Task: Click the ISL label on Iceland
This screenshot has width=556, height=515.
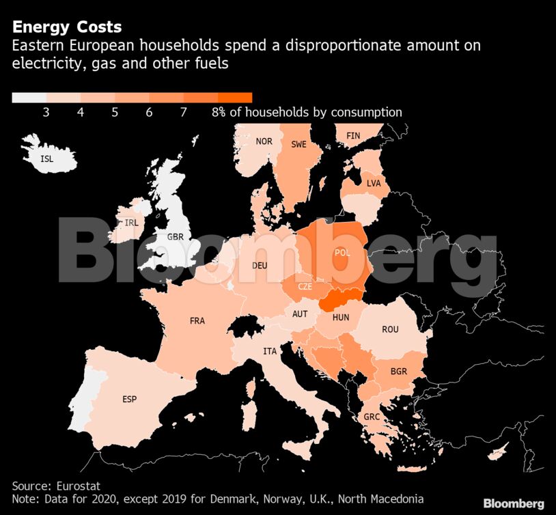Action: tap(46, 158)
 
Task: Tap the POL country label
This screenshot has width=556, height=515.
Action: tap(342, 253)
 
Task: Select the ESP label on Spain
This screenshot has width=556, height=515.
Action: tap(129, 399)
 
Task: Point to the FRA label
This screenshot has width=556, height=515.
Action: tap(197, 320)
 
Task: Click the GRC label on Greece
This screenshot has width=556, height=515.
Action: tap(372, 417)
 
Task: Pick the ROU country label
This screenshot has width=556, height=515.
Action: tap(390, 329)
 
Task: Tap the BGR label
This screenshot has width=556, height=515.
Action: tap(399, 372)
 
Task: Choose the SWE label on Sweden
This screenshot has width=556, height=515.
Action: tap(298, 144)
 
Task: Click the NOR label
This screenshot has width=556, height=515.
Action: tap(264, 141)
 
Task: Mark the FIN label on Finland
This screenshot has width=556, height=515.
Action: tap(353, 136)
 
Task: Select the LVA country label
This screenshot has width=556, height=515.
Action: tap(374, 184)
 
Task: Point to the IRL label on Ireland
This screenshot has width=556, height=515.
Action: tap(131, 223)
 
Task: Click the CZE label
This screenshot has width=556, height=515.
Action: tap(305, 286)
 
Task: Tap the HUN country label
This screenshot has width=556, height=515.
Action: tap(341, 317)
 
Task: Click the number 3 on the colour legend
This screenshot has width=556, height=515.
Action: tap(46, 113)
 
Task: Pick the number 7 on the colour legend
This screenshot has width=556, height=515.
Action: tap(183, 113)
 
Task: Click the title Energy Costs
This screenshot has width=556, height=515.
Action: tap(67, 27)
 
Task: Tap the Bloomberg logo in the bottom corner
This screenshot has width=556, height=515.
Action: tap(514, 503)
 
